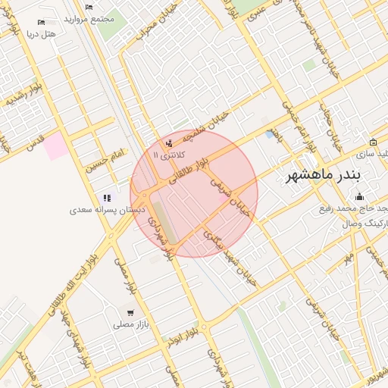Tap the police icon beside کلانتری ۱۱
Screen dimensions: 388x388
pos(169,142)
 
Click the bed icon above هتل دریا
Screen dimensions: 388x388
pos(41,23)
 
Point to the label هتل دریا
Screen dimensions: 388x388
pos(41,34)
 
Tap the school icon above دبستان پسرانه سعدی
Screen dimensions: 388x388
pos(107,198)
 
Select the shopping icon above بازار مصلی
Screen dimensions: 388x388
pos(131,312)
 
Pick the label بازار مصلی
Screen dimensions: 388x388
pos(129,324)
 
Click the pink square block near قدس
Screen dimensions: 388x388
pos(55,145)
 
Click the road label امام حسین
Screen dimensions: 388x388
pos(106,161)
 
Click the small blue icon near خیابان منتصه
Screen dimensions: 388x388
pos(271,134)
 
